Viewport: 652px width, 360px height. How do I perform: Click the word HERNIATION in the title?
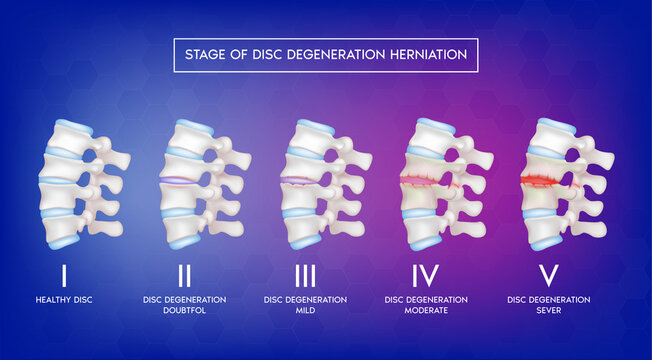[x=422, y=55]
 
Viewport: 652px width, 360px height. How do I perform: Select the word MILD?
[x=305, y=311]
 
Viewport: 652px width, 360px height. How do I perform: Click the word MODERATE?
[x=426, y=311]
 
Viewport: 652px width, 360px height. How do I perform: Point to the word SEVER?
[x=548, y=311]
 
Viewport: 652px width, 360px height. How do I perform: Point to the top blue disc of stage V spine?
[x=556, y=128]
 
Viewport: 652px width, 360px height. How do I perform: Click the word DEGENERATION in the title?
[x=327, y=55]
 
